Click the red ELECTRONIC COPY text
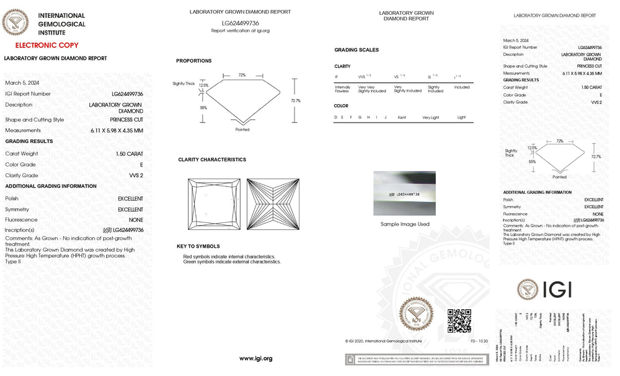(46, 45)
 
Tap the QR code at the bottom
(459, 320)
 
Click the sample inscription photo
(404, 193)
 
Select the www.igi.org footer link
(255, 359)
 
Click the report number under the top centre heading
(240, 23)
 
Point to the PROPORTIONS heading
(193, 61)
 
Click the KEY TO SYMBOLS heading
(198, 247)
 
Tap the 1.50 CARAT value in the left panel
(129, 154)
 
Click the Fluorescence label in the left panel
(21, 220)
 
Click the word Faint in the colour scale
(402, 117)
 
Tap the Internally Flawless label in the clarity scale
(342, 89)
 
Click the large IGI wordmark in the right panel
(556, 289)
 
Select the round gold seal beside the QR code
(417, 315)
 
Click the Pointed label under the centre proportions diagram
(242, 129)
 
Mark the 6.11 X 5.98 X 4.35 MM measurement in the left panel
(116, 131)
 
